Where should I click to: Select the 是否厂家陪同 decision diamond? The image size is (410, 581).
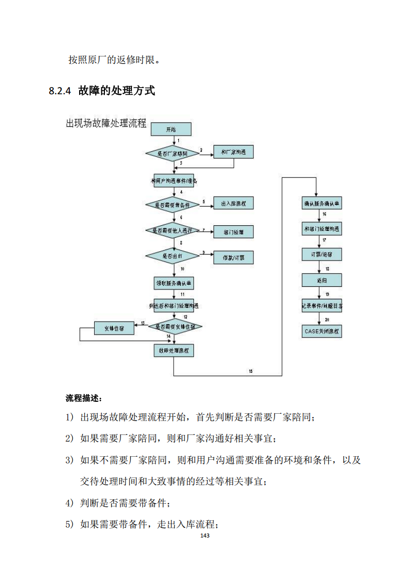point(173,153)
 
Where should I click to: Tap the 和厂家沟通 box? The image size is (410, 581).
point(234,152)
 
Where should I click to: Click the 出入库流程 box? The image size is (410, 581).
point(234,204)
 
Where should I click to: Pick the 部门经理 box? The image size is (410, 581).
point(234,231)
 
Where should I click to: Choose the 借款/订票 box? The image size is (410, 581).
point(234,257)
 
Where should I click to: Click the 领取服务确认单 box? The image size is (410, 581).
point(174,283)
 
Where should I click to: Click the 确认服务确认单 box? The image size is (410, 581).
point(322,203)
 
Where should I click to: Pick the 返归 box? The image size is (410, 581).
point(322,280)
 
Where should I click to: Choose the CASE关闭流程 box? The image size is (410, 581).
point(322,331)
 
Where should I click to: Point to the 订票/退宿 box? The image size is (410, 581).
point(322,255)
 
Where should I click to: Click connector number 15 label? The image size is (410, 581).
point(251,371)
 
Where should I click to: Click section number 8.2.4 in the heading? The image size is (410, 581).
point(59,91)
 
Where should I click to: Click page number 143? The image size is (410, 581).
point(205,535)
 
